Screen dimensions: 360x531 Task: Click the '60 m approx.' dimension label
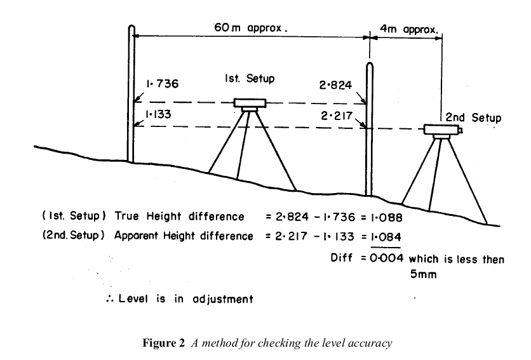(x=250, y=29)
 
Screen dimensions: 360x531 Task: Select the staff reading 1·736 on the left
(x=163, y=83)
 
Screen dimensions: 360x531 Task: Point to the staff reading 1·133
(x=161, y=114)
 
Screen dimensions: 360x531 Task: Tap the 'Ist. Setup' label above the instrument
(x=250, y=79)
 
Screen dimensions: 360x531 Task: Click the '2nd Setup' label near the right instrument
(x=473, y=117)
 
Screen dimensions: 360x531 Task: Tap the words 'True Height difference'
(x=179, y=217)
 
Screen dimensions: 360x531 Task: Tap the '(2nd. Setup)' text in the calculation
(x=73, y=236)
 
